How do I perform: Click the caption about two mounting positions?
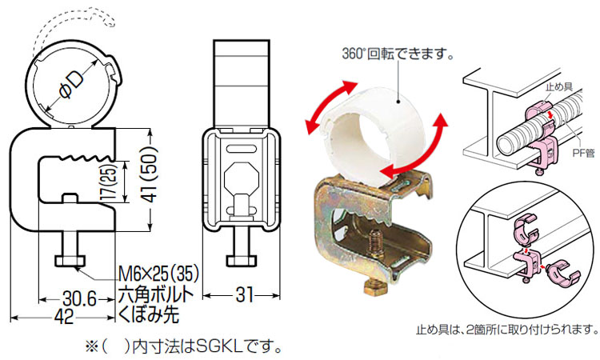[x=506, y=329]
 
